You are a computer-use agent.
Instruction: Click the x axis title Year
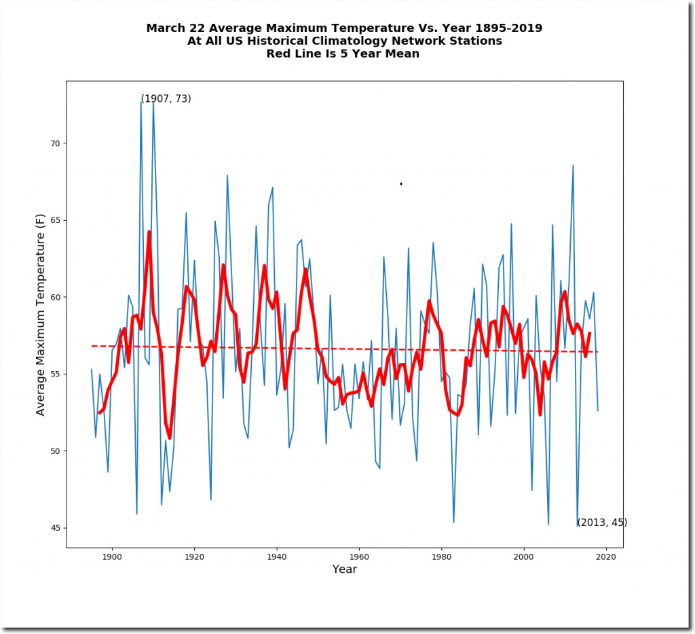click(344, 569)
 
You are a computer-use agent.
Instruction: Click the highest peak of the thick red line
click(149, 232)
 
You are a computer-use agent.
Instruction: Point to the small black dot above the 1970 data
click(401, 183)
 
